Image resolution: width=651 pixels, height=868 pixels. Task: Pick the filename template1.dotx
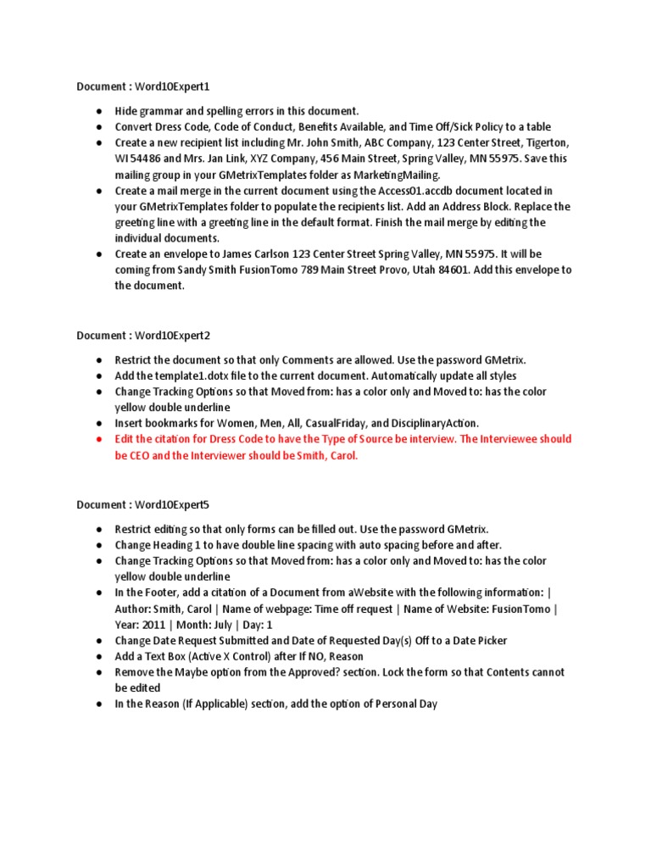tap(198, 376)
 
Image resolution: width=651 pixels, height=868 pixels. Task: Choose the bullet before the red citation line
tap(99, 439)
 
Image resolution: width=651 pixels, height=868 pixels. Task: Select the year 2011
tap(153, 625)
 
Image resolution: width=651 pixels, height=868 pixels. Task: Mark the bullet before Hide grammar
tap(99, 111)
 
